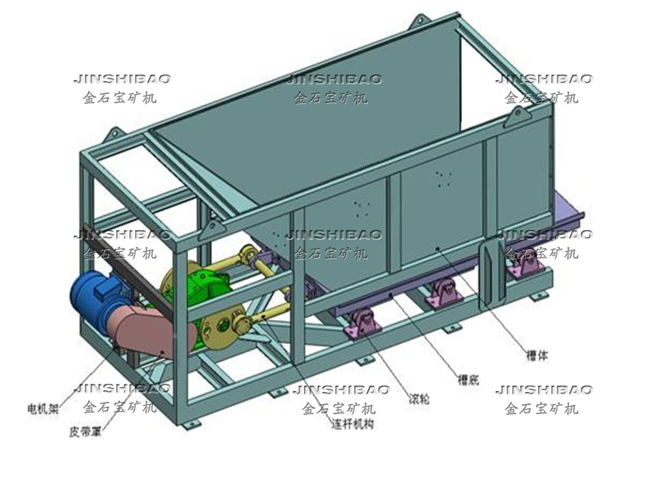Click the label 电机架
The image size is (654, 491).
click(43, 407)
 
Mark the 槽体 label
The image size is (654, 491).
click(537, 357)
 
